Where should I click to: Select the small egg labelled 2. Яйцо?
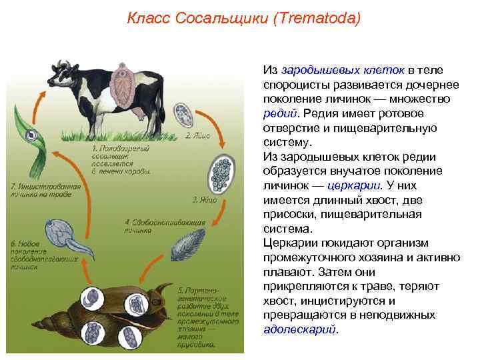(182, 114)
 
